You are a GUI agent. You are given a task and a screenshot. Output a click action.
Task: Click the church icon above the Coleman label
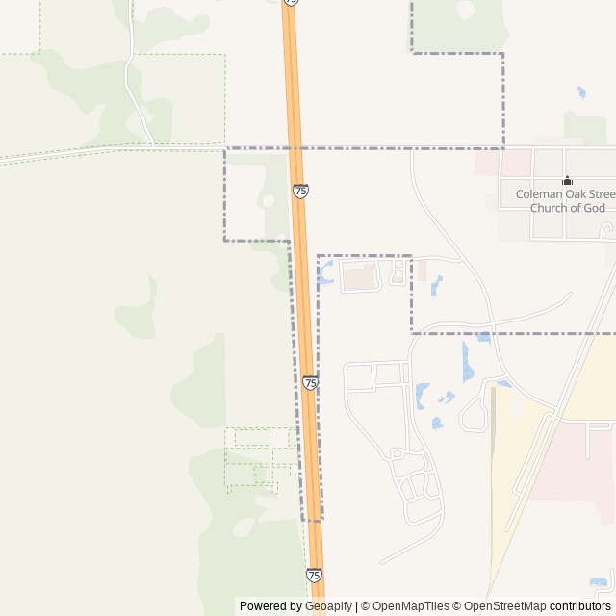click(x=567, y=180)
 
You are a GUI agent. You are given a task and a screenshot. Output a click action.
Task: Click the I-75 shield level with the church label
click(x=301, y=192)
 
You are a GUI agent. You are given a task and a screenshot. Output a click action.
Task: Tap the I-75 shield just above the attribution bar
click(x=315, y=575)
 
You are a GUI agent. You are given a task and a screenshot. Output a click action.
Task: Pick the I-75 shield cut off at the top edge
click(x=292, y=3)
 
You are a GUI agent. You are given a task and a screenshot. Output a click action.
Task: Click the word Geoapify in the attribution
click(x=328, y=606)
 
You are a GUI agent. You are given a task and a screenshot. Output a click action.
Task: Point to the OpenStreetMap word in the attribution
click(x=501, y=606)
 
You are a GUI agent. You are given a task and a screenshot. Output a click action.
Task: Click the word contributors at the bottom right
click(x=580, y=606)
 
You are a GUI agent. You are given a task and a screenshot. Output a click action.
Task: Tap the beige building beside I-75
click(x=361, y=278)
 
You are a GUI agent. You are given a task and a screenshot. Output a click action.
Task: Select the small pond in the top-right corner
click(x=580, y=92)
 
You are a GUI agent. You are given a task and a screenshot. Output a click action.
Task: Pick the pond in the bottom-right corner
click(x=601, y=582)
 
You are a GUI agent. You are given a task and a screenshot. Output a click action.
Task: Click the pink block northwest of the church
click(x=487, y=162)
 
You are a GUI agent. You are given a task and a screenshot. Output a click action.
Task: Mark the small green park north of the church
click(x=584, y=128)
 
